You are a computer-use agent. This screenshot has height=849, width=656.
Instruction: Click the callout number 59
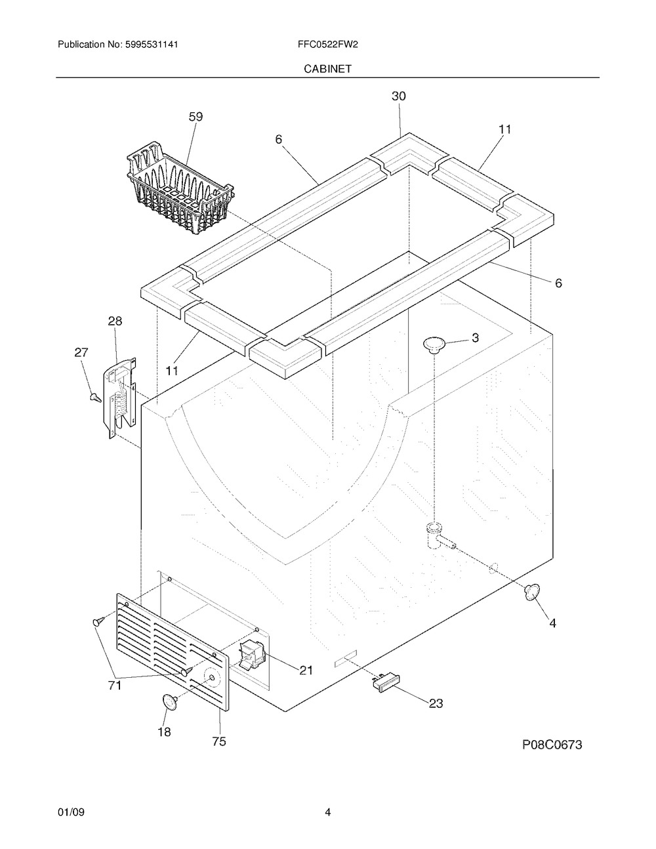[x=195, y=117]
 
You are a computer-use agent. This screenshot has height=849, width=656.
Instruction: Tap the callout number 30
[x=399, y=96]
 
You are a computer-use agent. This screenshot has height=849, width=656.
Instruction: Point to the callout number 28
[x=115, y=321]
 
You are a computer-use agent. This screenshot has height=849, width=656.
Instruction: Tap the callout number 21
[x=306, y=671]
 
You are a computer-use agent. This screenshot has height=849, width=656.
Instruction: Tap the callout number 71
[x=114, y=685]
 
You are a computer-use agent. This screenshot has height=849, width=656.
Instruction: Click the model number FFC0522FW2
[x=328, y=45]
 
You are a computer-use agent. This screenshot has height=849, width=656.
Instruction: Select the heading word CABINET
[x=327, y=69]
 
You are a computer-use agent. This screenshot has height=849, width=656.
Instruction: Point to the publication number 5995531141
[x=152, y=45]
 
